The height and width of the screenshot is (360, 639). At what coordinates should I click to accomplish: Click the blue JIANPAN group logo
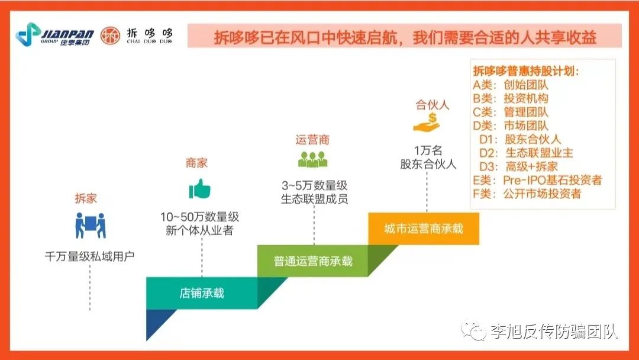click(54, 35)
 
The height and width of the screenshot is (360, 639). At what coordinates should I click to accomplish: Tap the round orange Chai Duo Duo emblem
click(111, 36)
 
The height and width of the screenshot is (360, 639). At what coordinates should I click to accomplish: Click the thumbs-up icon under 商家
click(199, 189)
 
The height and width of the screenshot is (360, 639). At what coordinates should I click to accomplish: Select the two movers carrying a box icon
click(91, 225)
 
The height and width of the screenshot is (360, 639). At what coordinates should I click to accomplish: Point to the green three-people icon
click(312, 159)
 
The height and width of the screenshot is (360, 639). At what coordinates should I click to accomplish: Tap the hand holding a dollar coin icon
click(427, 123)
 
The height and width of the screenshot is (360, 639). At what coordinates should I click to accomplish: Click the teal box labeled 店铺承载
click(202, 293)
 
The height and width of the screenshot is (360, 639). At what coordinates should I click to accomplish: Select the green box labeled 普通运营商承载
click(313, 261)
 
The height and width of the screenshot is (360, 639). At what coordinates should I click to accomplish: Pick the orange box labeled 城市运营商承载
click(424, 229)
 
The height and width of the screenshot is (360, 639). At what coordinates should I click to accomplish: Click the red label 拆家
click(86, 198)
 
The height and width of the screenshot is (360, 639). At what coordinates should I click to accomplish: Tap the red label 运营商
click(312, 140)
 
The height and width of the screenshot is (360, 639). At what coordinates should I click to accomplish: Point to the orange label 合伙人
click(433, 105)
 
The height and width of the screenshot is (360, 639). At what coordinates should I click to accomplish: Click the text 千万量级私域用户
click(90, 256)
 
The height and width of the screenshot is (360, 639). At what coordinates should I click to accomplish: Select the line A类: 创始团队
click(511, 85)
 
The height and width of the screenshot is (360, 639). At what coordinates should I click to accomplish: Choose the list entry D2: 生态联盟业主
click(526, 153)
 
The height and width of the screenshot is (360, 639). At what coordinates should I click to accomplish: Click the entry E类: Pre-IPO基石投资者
click(537, 180)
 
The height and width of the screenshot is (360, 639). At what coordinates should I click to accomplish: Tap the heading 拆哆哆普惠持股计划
click(526, 71)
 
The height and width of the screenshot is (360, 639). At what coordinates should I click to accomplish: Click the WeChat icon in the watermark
click(473, 330)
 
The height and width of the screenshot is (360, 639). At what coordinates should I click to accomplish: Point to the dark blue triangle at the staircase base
click(157, 320)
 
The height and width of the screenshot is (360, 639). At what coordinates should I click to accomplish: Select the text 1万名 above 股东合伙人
click(428, 150)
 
